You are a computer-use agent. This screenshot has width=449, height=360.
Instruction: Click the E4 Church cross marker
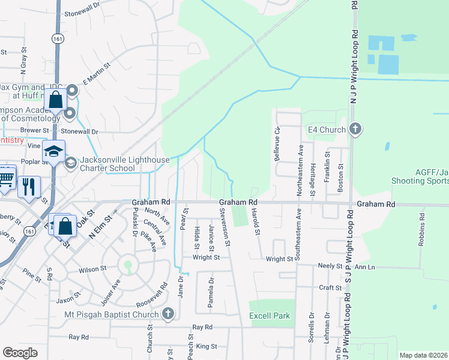point(355,129)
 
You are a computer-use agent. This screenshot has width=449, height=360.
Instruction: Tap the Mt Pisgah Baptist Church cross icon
point(167,314)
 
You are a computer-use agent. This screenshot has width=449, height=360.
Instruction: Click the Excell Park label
point(270,316)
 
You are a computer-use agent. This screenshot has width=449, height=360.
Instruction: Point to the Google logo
point(20,353)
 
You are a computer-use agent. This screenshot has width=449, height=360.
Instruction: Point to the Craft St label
point(331,288)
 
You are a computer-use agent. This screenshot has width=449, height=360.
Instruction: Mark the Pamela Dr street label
point(211,292)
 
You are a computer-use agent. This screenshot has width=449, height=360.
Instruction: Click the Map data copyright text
point(423,355)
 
